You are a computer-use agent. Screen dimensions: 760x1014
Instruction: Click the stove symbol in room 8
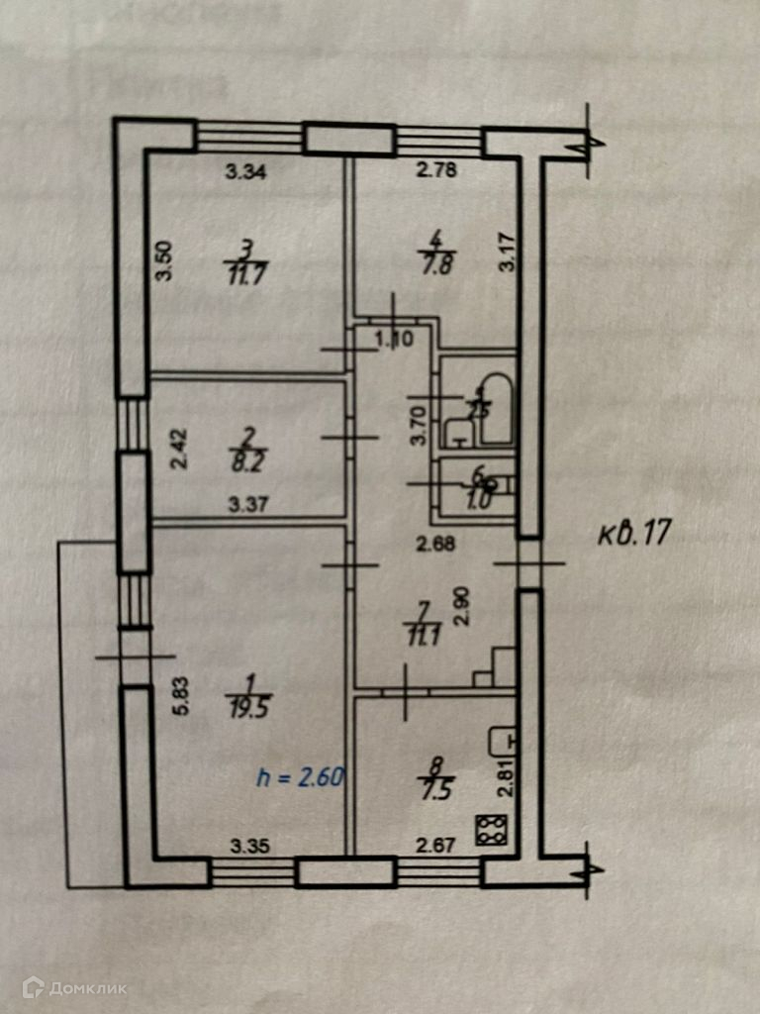click(490, 830)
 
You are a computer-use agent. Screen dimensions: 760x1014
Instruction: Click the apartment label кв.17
click(634, 534)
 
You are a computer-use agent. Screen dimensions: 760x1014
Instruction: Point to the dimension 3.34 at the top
click(244, 171)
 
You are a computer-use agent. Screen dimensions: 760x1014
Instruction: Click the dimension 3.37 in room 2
click(246, 505)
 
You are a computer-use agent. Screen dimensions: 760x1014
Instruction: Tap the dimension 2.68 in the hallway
click(435, 542)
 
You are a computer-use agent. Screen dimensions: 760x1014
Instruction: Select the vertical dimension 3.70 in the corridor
click(419, 425)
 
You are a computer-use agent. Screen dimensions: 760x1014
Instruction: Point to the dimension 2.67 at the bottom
click(434, 845)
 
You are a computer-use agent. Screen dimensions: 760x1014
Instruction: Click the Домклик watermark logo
click(75, 987)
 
